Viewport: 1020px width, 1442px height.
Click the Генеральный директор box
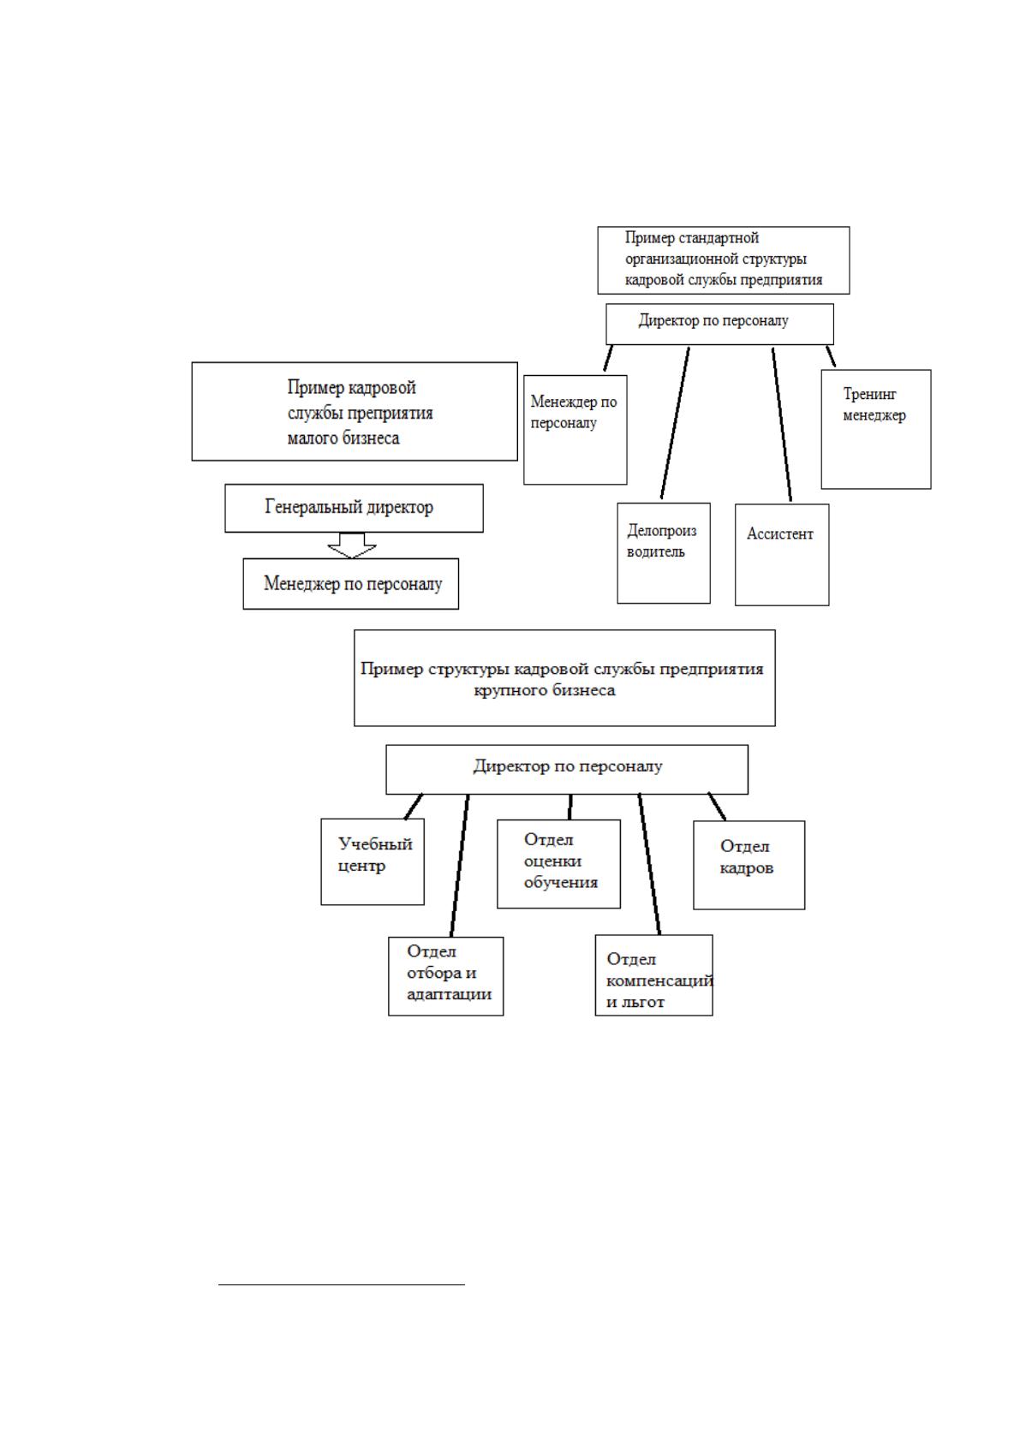pyautogui.click(x=354, y=508)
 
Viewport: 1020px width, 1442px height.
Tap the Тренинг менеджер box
pyautogui.click(x=876, y=429)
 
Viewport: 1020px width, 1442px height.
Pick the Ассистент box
pyautogui.click(x=782, y=554)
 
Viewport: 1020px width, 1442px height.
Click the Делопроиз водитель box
pyautogui.click(x=663, y=553)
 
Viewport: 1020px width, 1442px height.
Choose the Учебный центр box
pyautogui.click(x=373, y=861)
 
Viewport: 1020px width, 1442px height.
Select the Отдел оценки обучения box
pyautogui.click(x=558, y=863)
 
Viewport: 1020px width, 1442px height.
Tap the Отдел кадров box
pyautogui.click(x=749, y=865)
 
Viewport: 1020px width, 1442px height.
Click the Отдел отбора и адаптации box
pyautogui.click(x=445, y=976)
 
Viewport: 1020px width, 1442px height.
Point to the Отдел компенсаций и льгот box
pyautogui.click(x=653, y=975)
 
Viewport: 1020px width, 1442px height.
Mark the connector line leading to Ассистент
pyautogui.click(x=782, y=424)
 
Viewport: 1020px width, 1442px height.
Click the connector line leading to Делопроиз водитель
pyautogui.click(x=675, y=423)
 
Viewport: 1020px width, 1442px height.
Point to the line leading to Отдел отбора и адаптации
pyautogui.click(x=460, y=865)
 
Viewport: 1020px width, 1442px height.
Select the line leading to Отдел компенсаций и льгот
pyautogui.click(x=649, y=864)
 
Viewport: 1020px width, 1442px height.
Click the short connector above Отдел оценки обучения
pyautogui.click(x=570, y=807)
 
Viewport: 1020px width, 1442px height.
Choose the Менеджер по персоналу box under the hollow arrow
pyautogui.click(x=351, y=584)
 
